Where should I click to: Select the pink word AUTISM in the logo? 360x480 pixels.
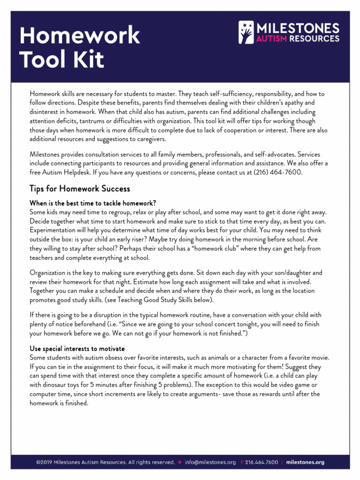pos(270,39)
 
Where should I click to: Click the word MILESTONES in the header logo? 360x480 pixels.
pos(297,28)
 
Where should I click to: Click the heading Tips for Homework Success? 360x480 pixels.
pos(80,189)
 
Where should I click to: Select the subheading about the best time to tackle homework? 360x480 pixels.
pos(92,203)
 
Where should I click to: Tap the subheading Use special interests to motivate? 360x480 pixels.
pos(77,348)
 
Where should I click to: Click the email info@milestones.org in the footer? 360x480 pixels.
pos(210,462)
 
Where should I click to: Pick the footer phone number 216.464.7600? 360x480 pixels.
pos(262,462)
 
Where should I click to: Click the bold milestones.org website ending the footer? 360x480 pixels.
pos(305,462)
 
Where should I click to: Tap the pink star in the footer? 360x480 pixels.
pos(180,462)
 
